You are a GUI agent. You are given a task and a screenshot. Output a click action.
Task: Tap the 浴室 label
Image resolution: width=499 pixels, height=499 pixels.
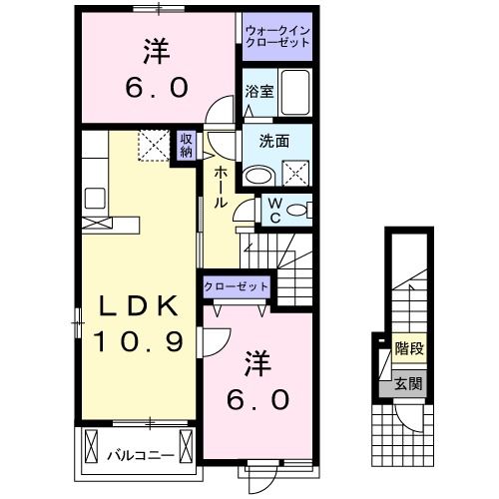[256, 91]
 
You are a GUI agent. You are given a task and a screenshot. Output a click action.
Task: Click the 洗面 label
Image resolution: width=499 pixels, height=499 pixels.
[275, 141]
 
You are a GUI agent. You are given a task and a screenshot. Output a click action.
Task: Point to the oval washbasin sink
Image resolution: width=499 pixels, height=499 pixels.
[258, 175]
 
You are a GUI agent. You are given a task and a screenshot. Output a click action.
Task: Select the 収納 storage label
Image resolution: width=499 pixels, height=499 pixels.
[187, 146]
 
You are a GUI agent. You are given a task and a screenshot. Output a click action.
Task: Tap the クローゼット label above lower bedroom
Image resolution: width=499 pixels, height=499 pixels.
[237, 286]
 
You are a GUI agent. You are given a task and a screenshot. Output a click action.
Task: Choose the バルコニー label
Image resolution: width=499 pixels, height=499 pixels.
[139, 455]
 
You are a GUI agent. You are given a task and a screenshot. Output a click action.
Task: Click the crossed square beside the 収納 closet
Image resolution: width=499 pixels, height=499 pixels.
[155, 146]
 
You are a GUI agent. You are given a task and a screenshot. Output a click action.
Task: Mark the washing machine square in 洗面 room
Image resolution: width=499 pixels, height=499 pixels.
[296, 173]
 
